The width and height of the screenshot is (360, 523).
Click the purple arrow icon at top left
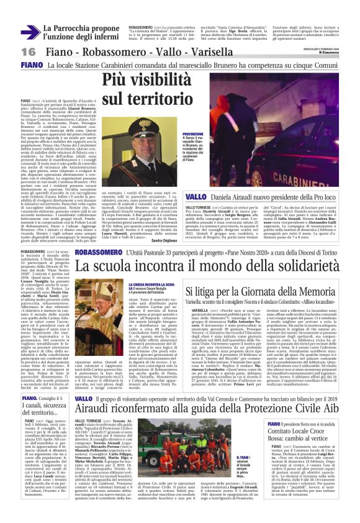(30, 32)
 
